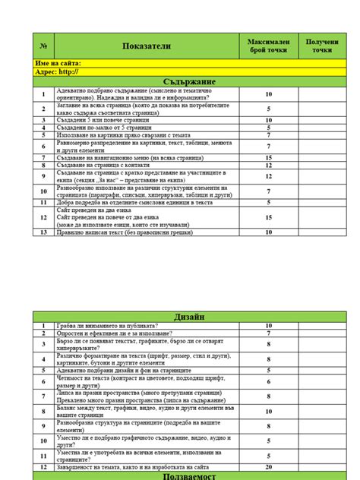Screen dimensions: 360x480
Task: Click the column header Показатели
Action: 147,46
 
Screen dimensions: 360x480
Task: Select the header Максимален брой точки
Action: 268,46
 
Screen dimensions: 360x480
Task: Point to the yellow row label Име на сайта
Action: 58,64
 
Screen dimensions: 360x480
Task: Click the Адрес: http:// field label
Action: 57,72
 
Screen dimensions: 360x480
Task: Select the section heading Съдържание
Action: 190,81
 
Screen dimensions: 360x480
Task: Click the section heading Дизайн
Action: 190,316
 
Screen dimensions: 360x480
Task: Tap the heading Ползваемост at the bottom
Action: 190,476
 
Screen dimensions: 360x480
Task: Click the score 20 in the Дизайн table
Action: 268,467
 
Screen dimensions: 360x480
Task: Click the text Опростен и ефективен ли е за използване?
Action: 115,333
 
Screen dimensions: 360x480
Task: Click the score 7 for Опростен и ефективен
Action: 268,333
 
